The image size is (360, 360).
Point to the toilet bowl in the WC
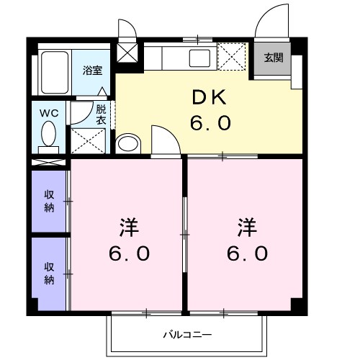[x=50, y=134]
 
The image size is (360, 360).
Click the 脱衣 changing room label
[x=101, y=114]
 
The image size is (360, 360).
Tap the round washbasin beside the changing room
[x=128, y=143]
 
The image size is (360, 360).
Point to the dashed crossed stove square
[x=232, y=55]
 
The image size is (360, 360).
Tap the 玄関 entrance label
[x=273, y=58]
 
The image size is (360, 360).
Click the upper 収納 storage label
[x=49, y=201]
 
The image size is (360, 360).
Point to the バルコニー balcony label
[x=186, y=335]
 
